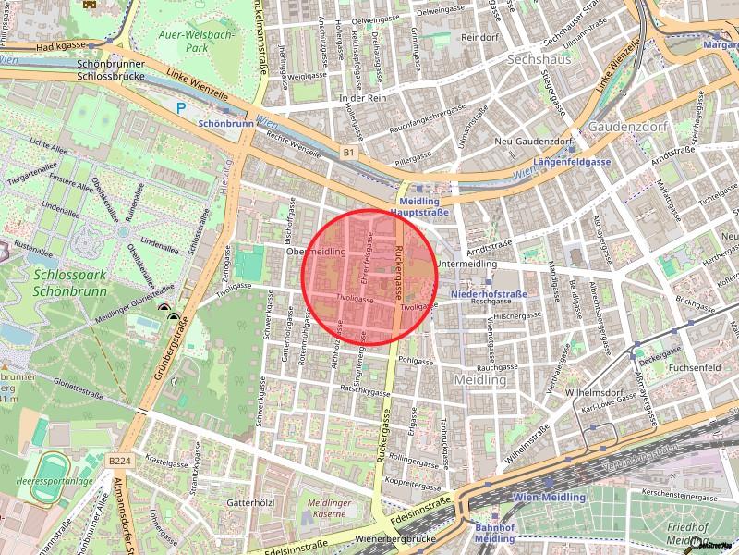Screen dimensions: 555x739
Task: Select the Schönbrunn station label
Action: click(x=226, y=121)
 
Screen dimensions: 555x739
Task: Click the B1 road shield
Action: click(x=347, y=151)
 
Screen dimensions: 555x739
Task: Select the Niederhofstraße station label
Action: click(x=489, y=293)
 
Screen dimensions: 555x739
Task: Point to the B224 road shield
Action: click(x=117, y=459)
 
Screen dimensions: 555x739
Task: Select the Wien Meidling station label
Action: click(x=549, y=497)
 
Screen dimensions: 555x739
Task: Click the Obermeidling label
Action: click(x=316, y=251)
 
